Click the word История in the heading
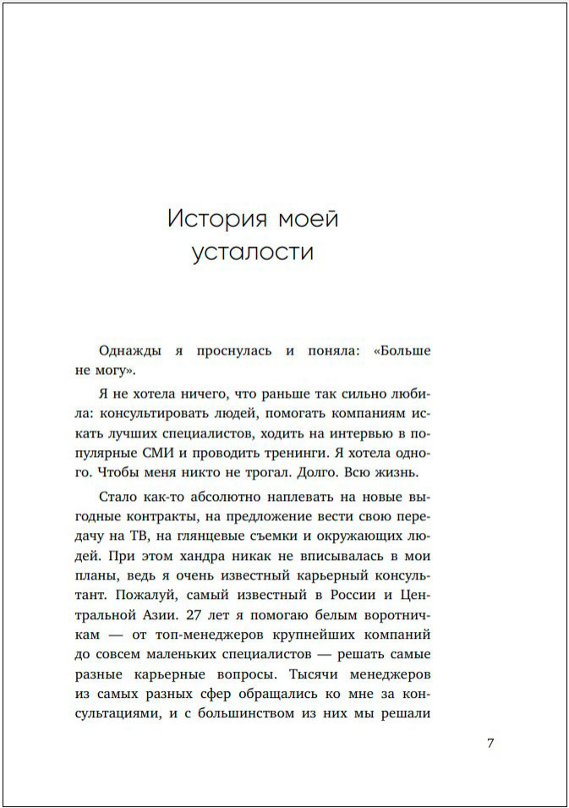tap(215, 219)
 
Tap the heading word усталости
tap(253, 253)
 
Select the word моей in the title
tap(308, 219)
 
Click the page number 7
tap(490, 744)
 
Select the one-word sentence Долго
tap(316, 471)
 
